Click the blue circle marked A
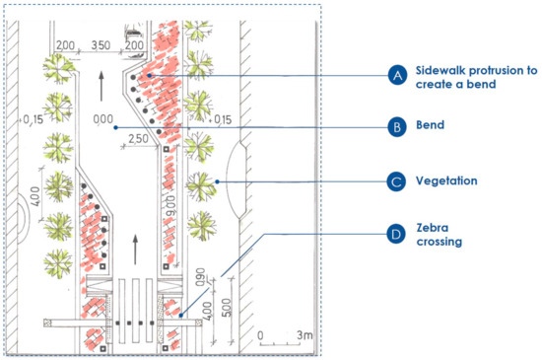pyautogui.click(x=398, y=76)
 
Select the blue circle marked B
pyautogui.click(x=398, y=127)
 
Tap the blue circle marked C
pyautogui.click(x=398, y=181)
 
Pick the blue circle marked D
pyautogui.click(x=398, y=236)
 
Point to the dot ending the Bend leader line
pyautogui.click(x=115, y=127)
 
